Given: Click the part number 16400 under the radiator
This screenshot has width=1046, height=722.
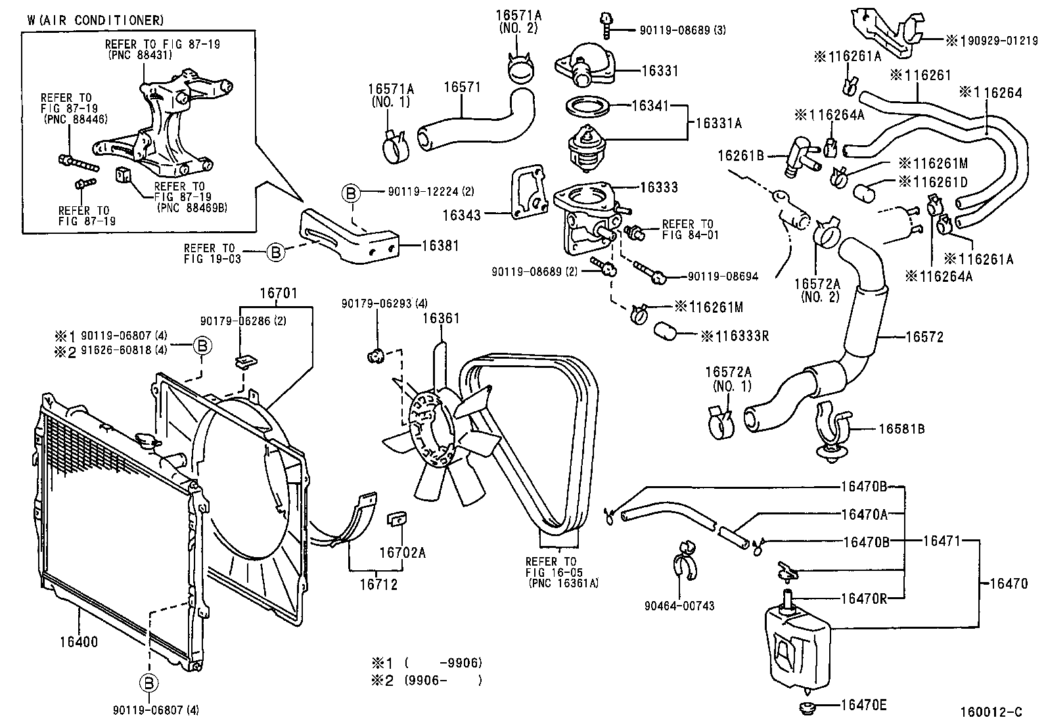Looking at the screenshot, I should point(78,642).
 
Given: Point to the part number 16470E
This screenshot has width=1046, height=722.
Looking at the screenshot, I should point(863,706).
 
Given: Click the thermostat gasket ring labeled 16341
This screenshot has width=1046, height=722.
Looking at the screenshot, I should point(587,105).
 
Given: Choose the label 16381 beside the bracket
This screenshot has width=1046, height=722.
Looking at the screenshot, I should point(440,246).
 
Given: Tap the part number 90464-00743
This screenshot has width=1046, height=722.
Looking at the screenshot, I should point(683,606).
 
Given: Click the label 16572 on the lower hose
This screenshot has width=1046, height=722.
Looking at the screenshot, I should point(924,337).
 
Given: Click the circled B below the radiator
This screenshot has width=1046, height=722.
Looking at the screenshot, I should point(149,684).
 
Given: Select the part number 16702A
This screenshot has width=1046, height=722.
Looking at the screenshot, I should point(402,553).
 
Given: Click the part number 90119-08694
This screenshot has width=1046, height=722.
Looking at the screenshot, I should point(723,277).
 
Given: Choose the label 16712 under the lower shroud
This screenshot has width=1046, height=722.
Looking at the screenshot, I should point(378,584).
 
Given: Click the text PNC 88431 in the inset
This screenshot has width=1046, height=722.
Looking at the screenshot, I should point(139,56).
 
